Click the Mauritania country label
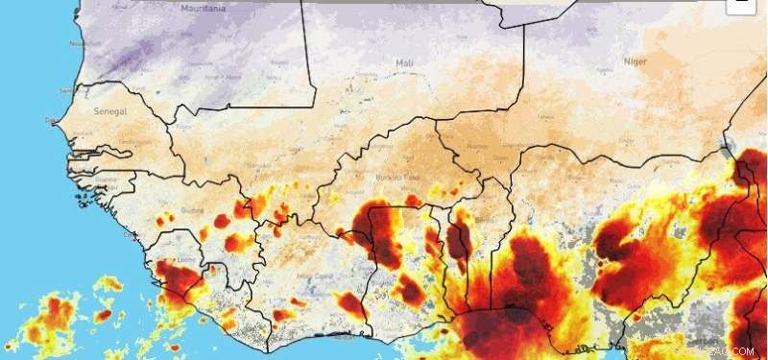[x=203, y=8]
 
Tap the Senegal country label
[x=109, y=111]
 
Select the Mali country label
[x=404, y=63]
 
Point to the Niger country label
[x=636, y=61]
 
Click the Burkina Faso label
[x=398, y=179]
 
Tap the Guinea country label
[x=197, y=211]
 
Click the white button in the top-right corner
[x=739, y=4]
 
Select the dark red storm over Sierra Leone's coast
[x=176, y=278]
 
